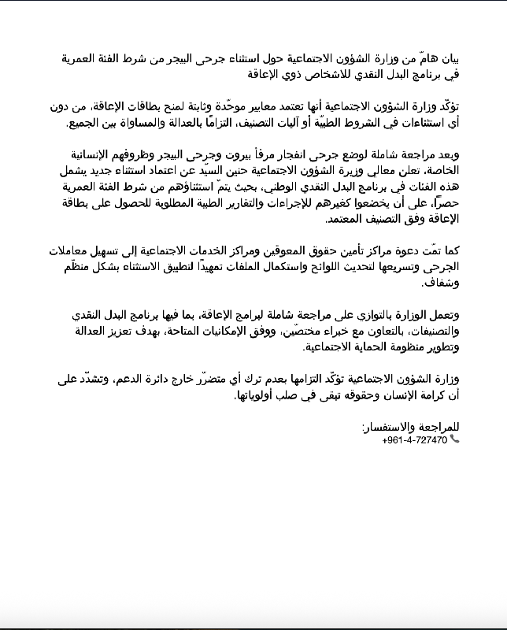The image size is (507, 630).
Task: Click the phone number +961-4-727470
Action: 414,439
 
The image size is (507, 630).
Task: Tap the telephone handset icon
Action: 454,439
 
